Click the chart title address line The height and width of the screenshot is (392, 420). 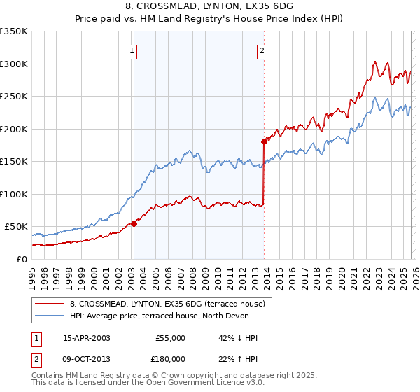(x=209, y=6)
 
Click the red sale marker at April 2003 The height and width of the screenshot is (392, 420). (x=134, y=223)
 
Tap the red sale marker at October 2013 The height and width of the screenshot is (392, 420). (x=264, y=141)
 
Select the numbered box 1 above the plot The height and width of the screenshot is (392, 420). (x=132, y=50)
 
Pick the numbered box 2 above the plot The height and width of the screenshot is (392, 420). (x=262, y=50)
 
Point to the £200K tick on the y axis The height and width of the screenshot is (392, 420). (x=14, y=129)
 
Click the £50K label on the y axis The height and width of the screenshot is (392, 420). (x=16, y=227)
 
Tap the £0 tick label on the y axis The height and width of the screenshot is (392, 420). (x=20, y=259)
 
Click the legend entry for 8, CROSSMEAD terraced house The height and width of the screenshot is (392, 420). (x=167, y=304)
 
